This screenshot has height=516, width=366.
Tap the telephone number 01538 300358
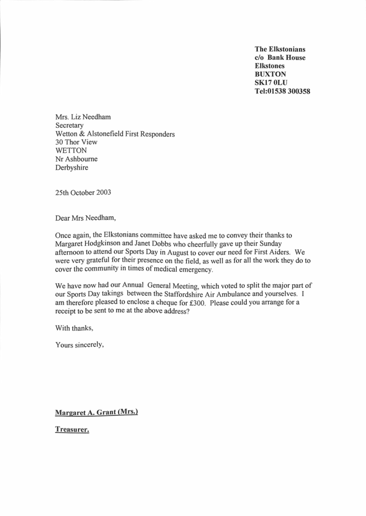pyautogui.click(x=290, y=91)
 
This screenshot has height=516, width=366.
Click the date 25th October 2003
pyautogui.click(x=83, y=192)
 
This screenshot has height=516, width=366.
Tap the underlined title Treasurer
pyautogui.click(x=72, y=430)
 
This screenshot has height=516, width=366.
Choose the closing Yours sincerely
pyautogui.click(x=80, y=345)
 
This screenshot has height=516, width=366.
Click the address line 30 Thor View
pyautogui.click(x=76, y=142)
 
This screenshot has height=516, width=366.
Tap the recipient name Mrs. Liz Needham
pyautogui.click(x=83, y=117)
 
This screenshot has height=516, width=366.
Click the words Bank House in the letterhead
pyautogui.click(x=287, y=58)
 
